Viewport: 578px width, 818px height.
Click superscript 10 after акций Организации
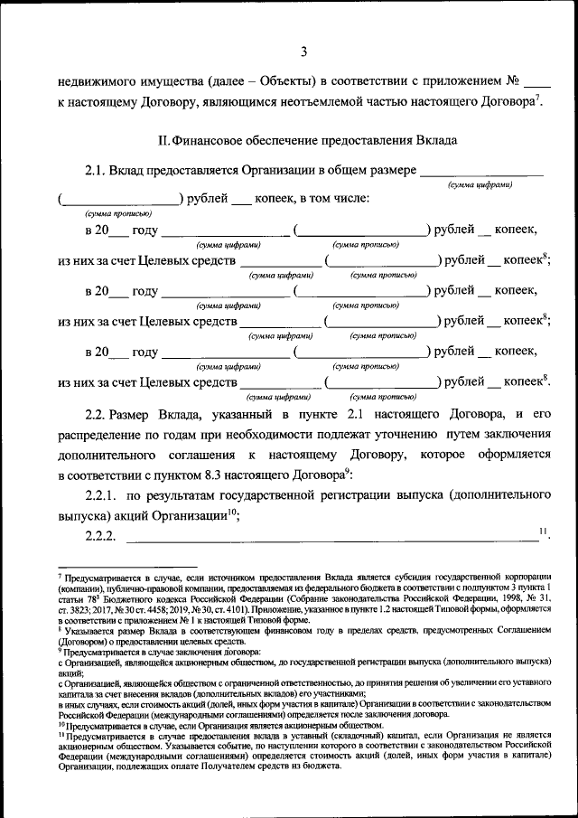231,512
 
